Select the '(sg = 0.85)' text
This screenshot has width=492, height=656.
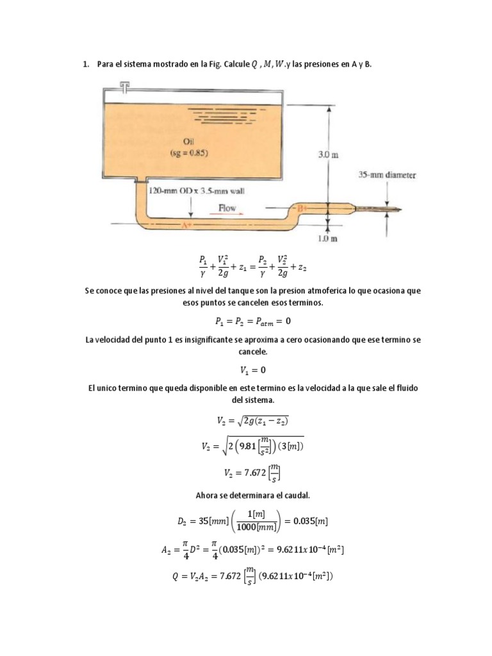pos(188,153)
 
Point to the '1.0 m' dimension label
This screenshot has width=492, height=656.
pos(328,238)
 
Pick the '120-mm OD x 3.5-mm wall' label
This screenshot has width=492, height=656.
pos(197,190)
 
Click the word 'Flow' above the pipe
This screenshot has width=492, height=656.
pos(227,208)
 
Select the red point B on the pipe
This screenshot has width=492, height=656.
pos(302,208)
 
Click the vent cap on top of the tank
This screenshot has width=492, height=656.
pos(124,85)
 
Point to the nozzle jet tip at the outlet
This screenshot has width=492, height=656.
pos(398,208)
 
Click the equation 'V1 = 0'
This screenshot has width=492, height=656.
pos(245,370)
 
